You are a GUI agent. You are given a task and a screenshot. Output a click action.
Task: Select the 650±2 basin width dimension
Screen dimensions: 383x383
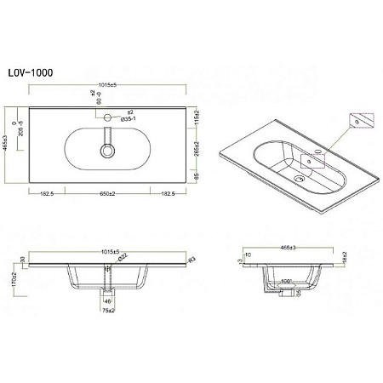(x=106, y=195)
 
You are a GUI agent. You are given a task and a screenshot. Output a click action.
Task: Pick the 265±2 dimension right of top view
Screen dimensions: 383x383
(x=195, y=150)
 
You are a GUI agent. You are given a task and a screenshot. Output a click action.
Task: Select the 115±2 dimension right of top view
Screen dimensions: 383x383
(x=195, y=117)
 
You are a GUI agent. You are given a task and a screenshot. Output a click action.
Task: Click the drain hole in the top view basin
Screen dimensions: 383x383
(x=107, y=151)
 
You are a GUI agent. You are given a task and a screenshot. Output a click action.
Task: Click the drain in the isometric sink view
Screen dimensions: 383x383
(x=298, y=180)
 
